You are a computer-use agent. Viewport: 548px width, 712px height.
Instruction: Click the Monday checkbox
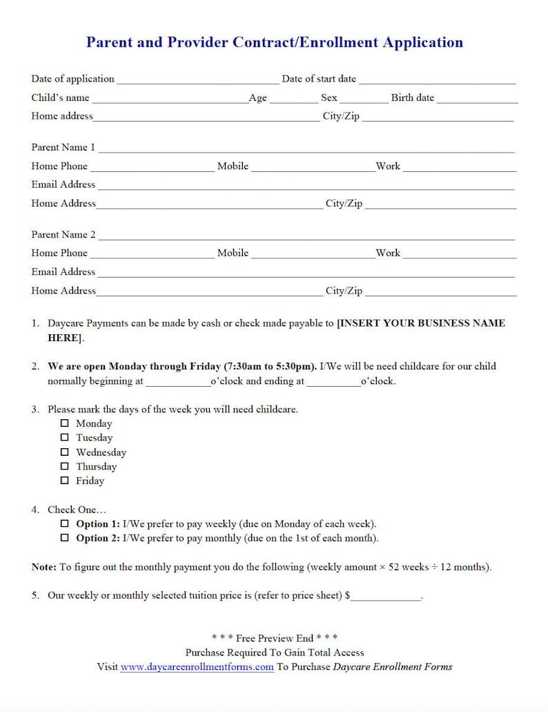65,423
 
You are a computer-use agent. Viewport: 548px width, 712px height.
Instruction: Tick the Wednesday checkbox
65,452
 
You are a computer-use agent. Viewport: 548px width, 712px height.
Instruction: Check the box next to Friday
65,481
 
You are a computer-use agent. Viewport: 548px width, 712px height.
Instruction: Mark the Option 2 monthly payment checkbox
65,538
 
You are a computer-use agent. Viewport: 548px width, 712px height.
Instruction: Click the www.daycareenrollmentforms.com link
197,667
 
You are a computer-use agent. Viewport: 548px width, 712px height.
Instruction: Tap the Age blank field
293,99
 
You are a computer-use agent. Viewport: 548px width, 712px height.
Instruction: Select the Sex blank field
364,99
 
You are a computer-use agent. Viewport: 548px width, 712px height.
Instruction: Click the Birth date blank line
477,99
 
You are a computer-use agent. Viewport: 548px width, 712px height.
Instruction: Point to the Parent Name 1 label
63,147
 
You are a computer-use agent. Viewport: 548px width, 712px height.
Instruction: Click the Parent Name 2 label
63,235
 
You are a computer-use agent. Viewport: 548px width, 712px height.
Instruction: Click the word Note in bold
43,567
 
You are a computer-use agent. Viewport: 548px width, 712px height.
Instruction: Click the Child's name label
60,98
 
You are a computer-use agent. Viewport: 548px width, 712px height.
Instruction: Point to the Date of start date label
319,79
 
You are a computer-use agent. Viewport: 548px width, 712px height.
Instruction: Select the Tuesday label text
95,438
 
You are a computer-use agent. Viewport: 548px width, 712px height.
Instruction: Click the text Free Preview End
274,638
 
